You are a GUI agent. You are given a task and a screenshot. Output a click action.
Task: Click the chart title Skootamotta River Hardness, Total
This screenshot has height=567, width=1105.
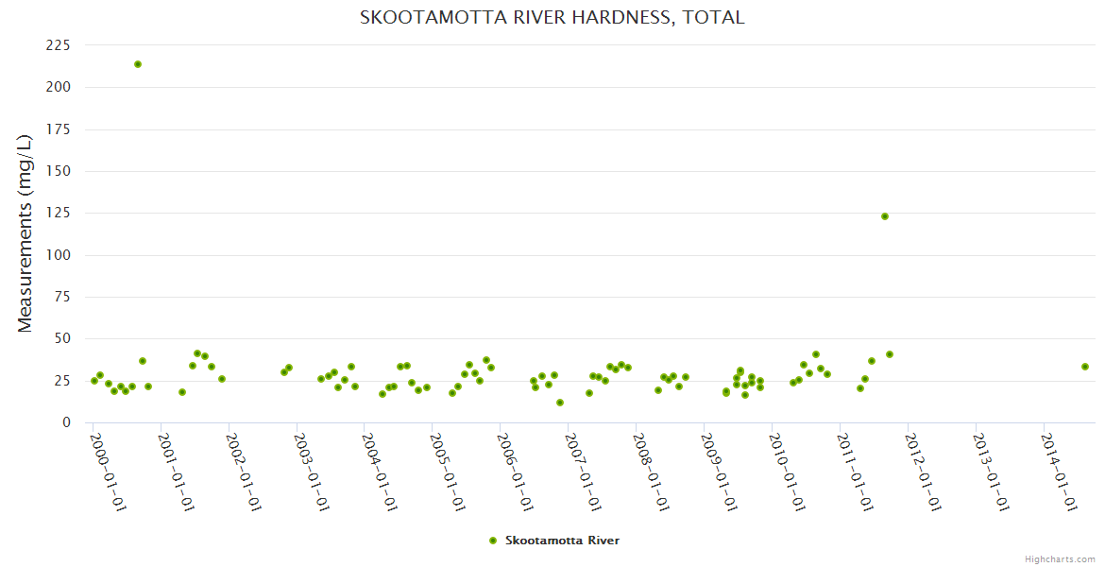pos(552,17)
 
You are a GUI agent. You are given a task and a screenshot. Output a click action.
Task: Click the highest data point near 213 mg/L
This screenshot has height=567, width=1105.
pos(138,64)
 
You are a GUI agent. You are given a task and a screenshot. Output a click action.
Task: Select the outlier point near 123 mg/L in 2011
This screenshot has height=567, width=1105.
pos(885,216)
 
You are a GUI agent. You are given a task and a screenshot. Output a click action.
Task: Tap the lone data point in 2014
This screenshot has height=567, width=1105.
pos(1085,367)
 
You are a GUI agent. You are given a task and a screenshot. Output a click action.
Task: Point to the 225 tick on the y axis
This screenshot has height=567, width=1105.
pos(59,45)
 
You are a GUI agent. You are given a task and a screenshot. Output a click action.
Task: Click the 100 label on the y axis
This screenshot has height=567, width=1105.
pos(59,255)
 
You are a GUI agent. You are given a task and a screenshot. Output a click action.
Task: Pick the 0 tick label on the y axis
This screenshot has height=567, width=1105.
pos(66,422)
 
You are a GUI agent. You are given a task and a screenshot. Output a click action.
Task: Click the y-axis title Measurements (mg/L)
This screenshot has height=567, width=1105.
pos(25,233)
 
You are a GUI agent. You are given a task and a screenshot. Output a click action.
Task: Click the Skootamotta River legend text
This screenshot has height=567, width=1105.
pos(562,541)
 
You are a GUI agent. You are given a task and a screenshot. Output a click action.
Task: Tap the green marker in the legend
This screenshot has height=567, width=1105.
pos(492,541)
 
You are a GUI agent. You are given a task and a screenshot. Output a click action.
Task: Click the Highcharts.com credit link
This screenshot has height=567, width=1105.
pos(1060,558)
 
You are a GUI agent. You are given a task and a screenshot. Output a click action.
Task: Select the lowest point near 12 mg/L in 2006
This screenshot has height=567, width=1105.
pos(560,403)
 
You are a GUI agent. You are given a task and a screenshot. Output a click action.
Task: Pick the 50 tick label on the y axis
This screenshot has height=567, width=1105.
pos(62,339)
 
